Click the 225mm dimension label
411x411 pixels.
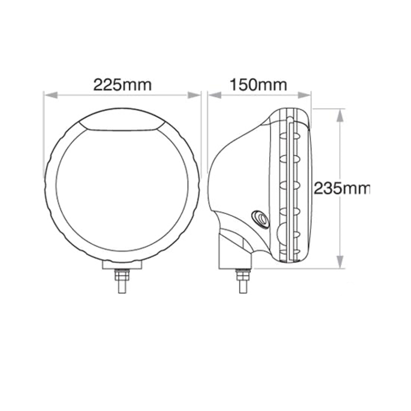pos(122,85)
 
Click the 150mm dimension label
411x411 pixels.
pos(258,85)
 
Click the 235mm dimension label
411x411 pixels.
pos(342,188)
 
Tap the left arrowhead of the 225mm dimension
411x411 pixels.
pos(51,95)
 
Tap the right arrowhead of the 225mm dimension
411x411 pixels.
pos(194,95)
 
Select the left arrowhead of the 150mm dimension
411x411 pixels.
pos(215,95)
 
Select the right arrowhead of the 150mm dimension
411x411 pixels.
pos(304,95)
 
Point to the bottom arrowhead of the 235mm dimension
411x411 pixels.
pos(340,262)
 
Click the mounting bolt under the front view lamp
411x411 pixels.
pos(122,281)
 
